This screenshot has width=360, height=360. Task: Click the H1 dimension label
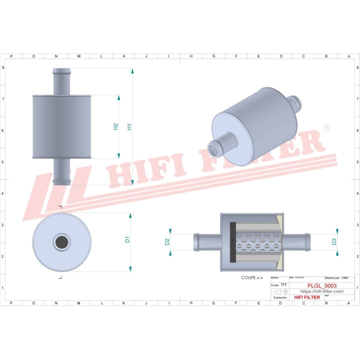pos(129,126)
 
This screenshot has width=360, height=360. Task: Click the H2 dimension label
pos(115,126)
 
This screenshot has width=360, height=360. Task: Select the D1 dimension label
pos(127,239)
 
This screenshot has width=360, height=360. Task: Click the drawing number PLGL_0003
pos(321,285)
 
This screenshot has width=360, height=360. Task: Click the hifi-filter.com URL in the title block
pos(321,291)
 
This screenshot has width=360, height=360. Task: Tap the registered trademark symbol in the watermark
pos(327,128)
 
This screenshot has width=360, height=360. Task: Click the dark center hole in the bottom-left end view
pos(61,242)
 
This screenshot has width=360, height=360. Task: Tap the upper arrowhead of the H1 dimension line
pos(132,71)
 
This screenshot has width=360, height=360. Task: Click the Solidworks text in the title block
pos(280,297)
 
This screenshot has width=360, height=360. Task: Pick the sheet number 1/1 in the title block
pos(284,284)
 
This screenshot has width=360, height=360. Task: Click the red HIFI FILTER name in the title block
pos(307,297)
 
